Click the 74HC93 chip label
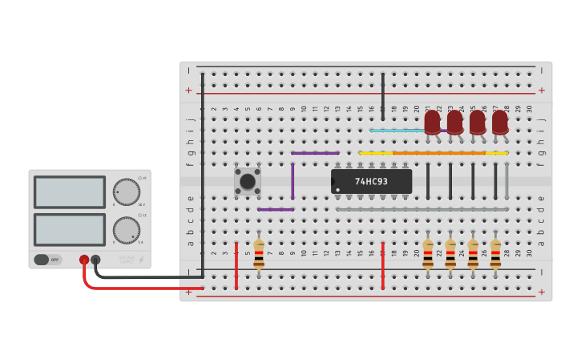[x=371, y=182]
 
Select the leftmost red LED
[x=432, y=122]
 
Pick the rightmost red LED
[x=499, y=122]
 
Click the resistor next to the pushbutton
[x=259, y=253]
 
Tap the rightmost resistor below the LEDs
[x=495, y=253]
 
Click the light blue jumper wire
[x=397, y=130]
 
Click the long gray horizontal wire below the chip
[x=422, y=209]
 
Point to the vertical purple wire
[x=293, y=181]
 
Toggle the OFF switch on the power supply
[x=47, y=260]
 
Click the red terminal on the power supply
[x=84, y=260]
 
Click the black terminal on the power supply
[x=95, y=260]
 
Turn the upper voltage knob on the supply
[x=126, y=192]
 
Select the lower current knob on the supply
[x=126, y=229]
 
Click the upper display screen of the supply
[x=70, y=192]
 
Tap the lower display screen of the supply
[x=70, y=229]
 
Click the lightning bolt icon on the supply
[x=141, y=260]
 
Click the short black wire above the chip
[x=383, y=96]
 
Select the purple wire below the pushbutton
[x=276, y=209]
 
